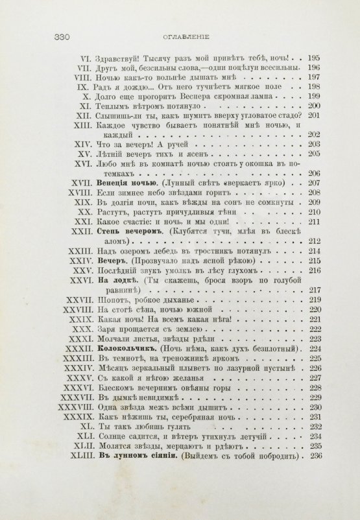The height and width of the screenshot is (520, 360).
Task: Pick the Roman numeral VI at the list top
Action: (86, 57)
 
